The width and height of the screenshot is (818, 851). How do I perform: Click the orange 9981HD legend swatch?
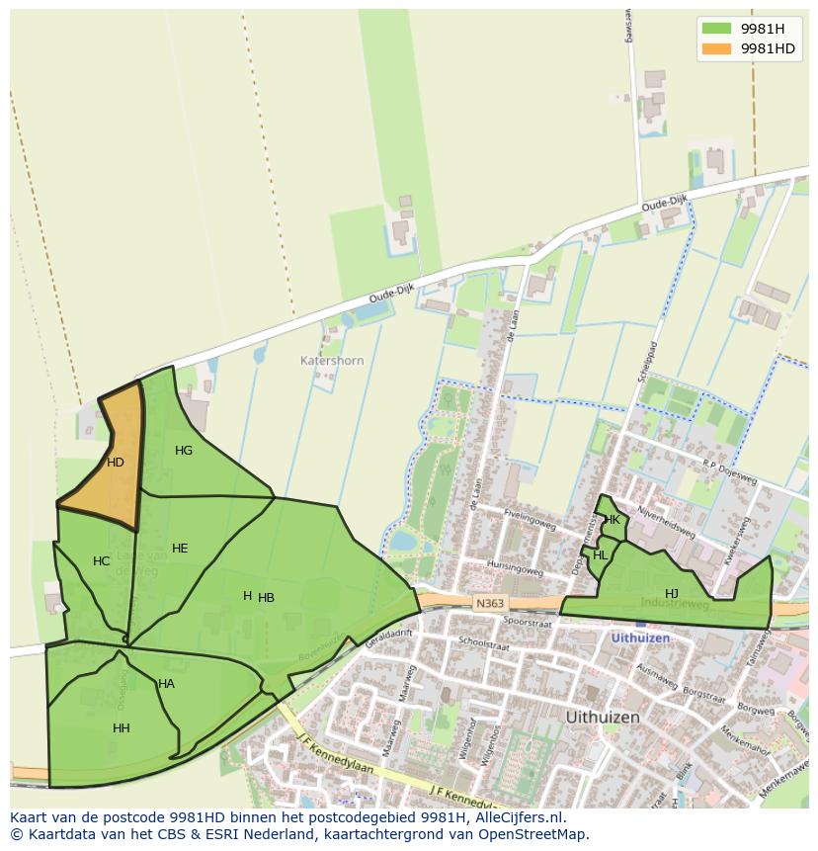coord(716,48)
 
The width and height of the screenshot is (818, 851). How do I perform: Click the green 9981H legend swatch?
coord(716,29)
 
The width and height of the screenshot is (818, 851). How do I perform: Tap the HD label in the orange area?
coord(116,463)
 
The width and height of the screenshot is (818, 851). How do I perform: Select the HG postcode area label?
coord(184,451)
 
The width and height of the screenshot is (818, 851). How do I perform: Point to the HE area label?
coord(180,549)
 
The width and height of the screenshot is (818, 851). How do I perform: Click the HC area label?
coord(102,561)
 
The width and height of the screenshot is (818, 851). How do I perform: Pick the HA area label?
coord(166,684)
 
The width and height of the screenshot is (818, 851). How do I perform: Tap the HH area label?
coord(122,728)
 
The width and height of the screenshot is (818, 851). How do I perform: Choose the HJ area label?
coord(672,593)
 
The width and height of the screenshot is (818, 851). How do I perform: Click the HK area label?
coord(613,520)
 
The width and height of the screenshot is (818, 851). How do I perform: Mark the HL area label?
coord(601,555)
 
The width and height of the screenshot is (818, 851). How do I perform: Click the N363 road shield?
coord(488,603)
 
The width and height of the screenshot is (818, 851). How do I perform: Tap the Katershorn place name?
coord(332,361)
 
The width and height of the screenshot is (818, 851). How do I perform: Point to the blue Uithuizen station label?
coord(640,638)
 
